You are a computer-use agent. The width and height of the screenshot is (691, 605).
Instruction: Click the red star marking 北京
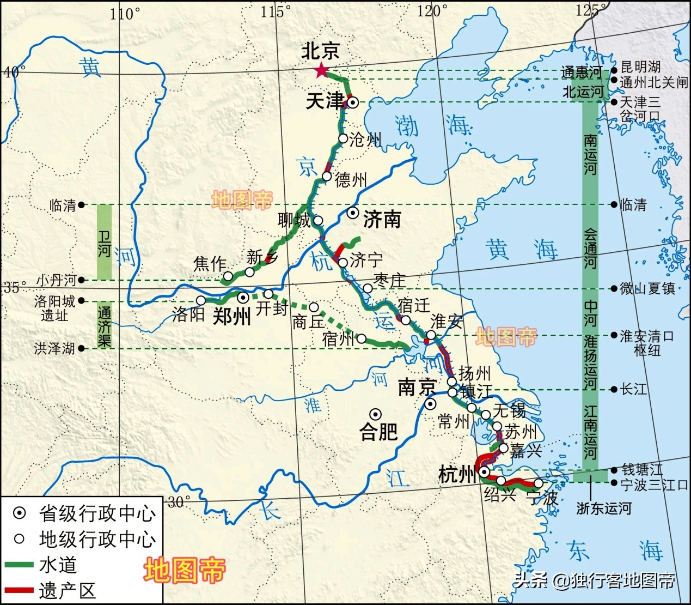click(321, 70)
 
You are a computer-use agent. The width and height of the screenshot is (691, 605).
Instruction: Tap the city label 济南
click(382, 219)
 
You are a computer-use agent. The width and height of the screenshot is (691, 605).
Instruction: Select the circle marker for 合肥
click(375, 414)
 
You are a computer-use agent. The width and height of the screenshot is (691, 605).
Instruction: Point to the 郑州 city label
click(231, 316)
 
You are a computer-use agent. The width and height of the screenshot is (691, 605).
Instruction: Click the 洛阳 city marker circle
click(201, 300)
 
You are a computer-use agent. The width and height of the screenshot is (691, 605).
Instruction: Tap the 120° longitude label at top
click(433, 10)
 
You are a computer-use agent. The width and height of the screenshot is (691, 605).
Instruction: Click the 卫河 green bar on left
click(104, 242)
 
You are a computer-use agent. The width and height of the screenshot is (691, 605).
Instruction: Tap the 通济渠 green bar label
click(104, 325)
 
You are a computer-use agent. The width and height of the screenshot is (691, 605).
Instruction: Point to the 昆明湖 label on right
click(641, 68)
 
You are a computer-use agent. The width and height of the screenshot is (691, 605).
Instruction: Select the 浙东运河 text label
click(604, 508)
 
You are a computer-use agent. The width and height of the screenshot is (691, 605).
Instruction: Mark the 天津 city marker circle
click(353, 102)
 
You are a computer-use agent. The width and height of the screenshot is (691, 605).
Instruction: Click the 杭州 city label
click(457, 475)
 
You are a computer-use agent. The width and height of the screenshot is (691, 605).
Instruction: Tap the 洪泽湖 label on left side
click(54, 348)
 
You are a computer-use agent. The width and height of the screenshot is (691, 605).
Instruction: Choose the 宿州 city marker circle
click(361, 338)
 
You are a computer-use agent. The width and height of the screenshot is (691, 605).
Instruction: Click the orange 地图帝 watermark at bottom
click(185, 570)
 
